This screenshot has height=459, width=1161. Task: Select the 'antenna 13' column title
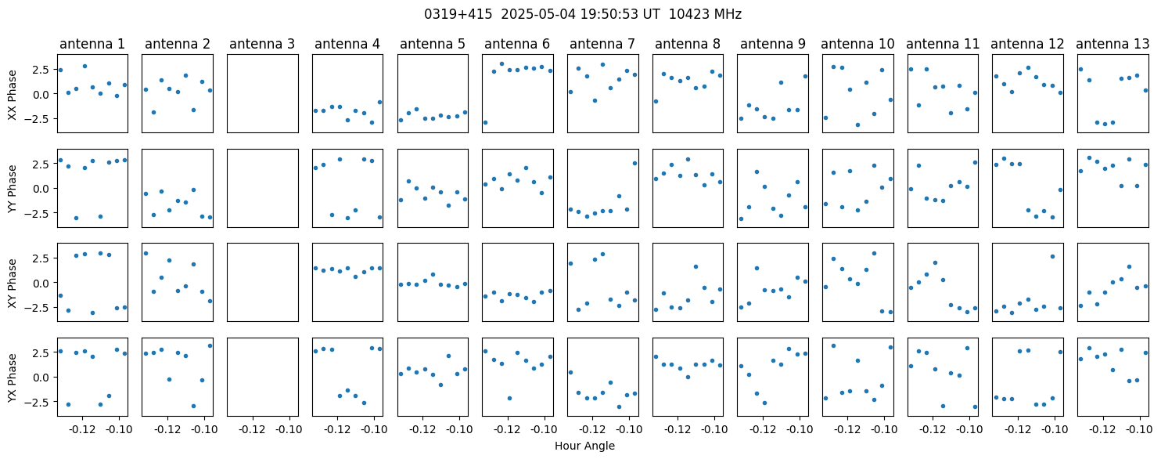click(x=1112, y=44)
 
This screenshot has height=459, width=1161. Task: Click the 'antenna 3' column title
click(x=262, y=44)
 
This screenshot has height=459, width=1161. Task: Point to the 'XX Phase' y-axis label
click(x=13, y=94)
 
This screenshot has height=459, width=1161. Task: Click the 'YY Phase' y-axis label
click(x=13, y=188)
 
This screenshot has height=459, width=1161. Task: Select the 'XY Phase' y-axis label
click(x=13, y=282)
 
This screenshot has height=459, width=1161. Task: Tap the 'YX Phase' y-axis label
click(x=13, y=377)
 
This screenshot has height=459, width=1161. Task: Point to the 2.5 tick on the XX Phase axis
click(x=40, y=70)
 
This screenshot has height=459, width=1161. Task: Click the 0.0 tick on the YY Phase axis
click(x=40, y=189)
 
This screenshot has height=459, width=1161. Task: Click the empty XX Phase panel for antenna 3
click(x=262, y=94)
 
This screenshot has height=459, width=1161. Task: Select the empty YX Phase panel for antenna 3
click(x=262, y=377)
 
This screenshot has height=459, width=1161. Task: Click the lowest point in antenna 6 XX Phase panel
click(x=485, y=122)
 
